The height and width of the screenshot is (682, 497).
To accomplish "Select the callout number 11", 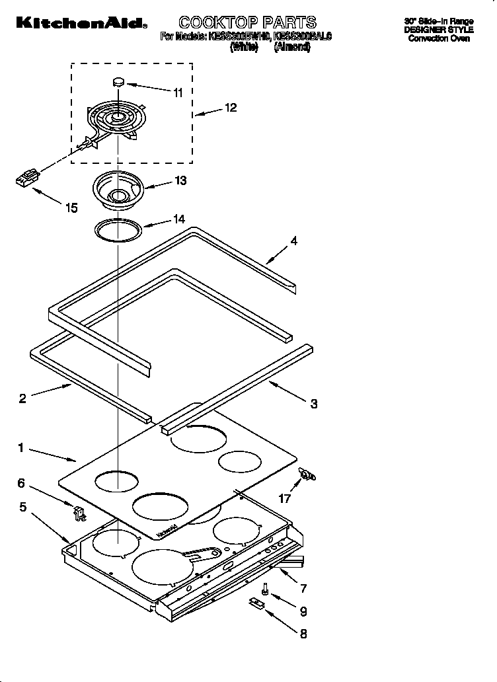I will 177,93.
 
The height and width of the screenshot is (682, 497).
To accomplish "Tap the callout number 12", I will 231,108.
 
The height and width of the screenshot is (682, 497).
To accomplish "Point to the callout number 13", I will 180,180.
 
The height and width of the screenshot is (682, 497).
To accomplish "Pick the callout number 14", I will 178,219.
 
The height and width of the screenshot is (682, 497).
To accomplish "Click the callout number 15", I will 71,208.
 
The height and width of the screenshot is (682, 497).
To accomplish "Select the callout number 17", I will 285,499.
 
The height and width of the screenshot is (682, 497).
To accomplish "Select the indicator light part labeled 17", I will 307,474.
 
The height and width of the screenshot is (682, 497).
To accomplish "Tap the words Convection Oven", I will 438,39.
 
